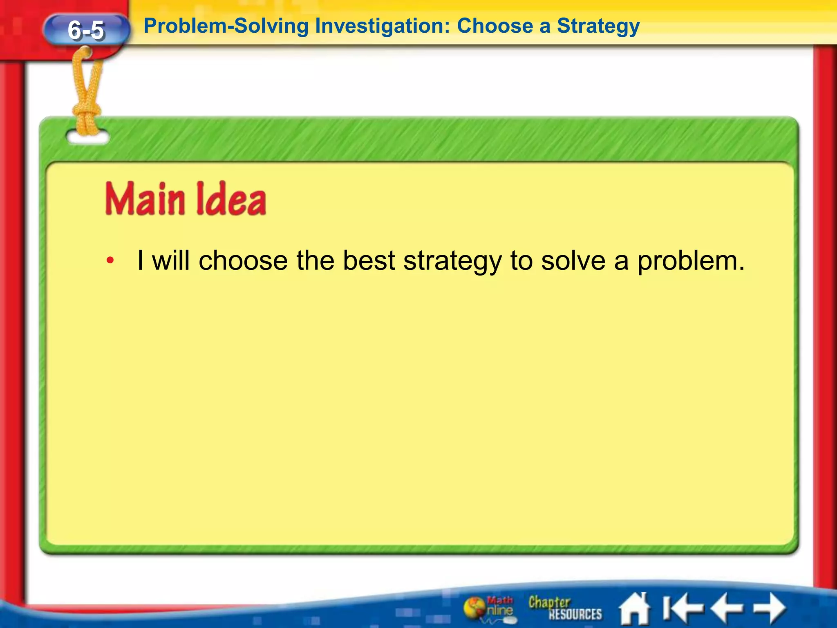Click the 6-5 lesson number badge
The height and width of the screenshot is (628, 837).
click(x=86, y=30)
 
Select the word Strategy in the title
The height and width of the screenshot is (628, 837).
click(x=598, y=26)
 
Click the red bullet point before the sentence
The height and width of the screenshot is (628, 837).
click(x=110, y=260)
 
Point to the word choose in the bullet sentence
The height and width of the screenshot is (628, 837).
click(x=243, y=260)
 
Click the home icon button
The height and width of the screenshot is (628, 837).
click(x=635, y=609)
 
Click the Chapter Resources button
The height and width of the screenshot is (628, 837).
click(x=565, y=608)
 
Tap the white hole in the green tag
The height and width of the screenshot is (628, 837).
click(x=88, y=137)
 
